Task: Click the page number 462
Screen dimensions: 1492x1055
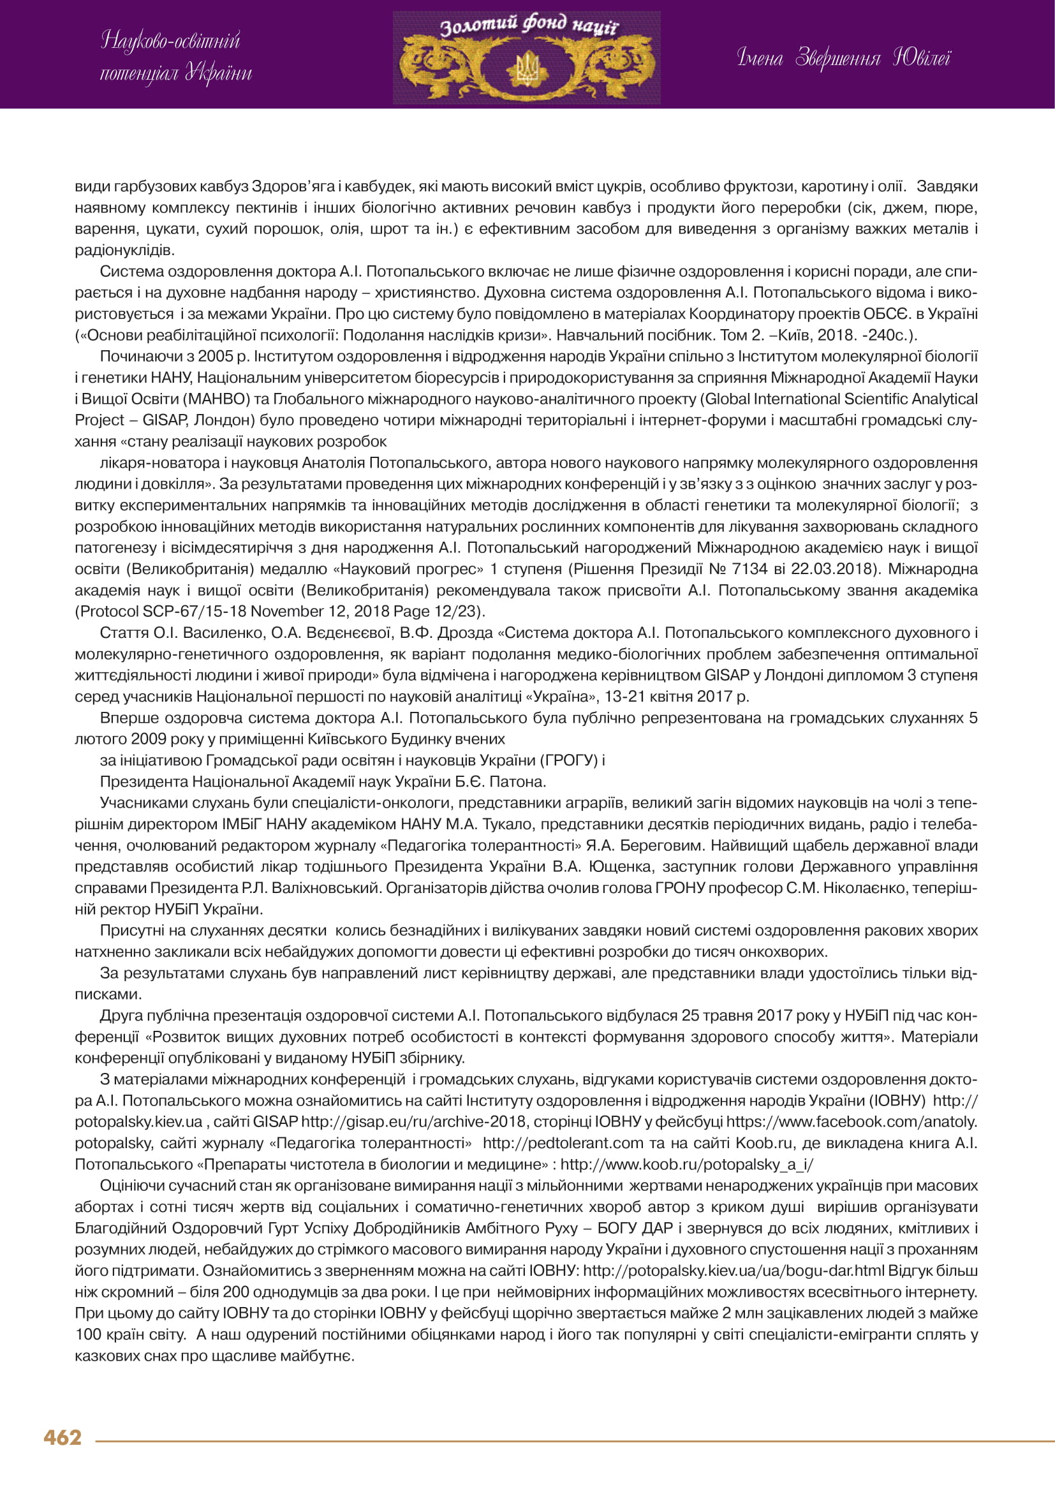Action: pos(63,1437)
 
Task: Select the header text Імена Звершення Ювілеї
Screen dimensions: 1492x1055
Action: pos(843,59)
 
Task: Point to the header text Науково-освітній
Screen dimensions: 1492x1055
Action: pos(171,41)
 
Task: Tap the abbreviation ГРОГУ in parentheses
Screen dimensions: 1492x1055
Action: pos(572,760)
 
